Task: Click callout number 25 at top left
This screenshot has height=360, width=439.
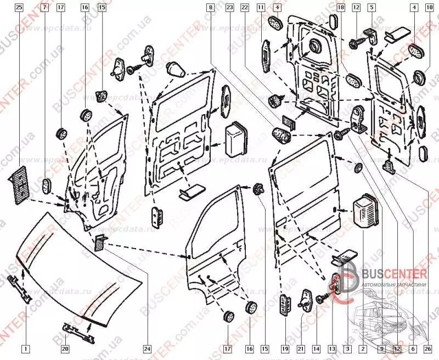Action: pos(19,8)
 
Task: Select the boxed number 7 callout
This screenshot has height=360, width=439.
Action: pos(44,8)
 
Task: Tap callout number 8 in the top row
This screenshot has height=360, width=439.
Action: pos(211,8)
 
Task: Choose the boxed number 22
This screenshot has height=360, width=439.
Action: pos(245,8)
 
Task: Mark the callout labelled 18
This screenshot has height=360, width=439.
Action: pos(341,8)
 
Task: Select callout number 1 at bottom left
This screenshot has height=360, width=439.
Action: pos(24,348)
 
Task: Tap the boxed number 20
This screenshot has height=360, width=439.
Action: pos(64,348)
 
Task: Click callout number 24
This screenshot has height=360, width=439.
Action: pos(147,348)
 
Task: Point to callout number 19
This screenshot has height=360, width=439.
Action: pos(285,348)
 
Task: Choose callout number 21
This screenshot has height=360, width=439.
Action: pos(301,348)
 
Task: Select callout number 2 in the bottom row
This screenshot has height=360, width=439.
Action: pos(363,348)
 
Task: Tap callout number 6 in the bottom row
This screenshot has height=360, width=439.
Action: pos(412,348)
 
